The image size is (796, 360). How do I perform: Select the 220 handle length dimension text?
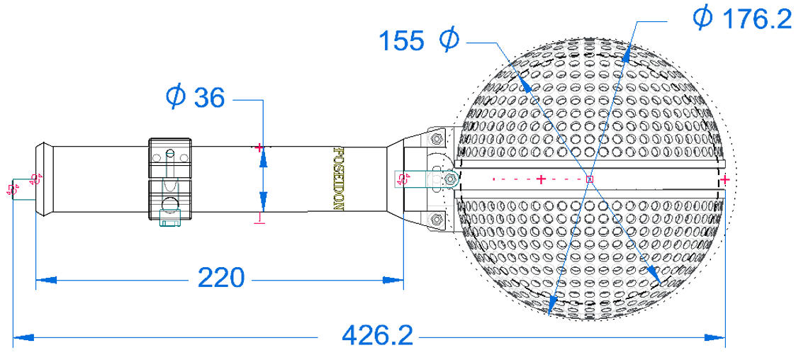[220, 277]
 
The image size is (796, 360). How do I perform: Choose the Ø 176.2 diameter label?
[742, 19]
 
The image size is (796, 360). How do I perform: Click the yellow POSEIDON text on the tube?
[338, 179]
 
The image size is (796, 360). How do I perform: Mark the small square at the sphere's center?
[590, 179]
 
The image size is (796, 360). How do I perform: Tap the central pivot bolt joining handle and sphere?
[449, 180]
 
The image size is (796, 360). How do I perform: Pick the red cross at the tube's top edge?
[259, 147]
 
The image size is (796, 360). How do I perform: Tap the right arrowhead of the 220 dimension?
[393, 280]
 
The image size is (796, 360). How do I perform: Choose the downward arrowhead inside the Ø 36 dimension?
[263, 200]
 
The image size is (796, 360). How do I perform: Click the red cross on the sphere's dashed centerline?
[541, 180]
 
